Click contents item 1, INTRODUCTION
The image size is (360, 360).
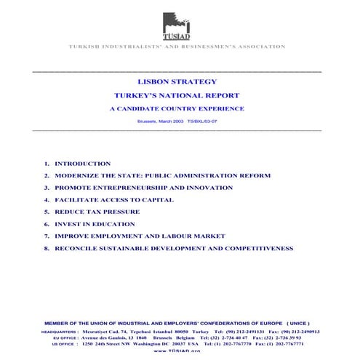(82, 164)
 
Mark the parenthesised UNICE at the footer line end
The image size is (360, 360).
(298, 323)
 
